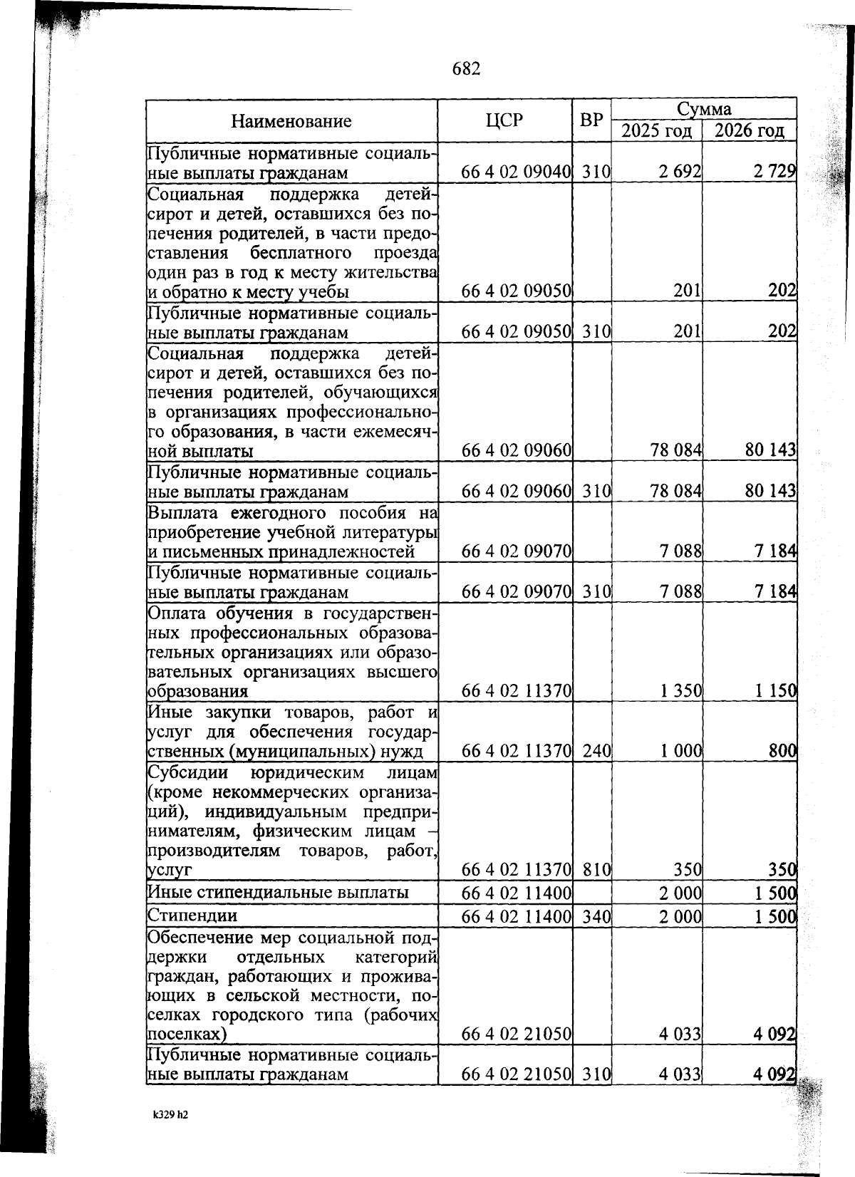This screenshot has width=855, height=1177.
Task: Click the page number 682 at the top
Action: [467, 68]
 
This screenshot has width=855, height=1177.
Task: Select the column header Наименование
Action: [291, 121]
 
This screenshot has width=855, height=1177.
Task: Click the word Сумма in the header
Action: [703, 109]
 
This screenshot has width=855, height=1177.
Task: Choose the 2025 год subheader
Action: [656, 131]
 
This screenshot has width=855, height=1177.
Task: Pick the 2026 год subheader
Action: [749, 131]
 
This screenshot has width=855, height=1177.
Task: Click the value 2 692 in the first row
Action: [680, 172]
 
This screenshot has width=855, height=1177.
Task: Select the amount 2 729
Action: [775, 172]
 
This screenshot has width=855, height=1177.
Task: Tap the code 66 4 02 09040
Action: [517, 172]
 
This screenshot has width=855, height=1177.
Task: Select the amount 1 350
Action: [680, 690]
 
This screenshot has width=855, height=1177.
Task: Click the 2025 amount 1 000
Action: [680, 751]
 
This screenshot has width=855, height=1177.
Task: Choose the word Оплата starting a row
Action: [177, 613]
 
